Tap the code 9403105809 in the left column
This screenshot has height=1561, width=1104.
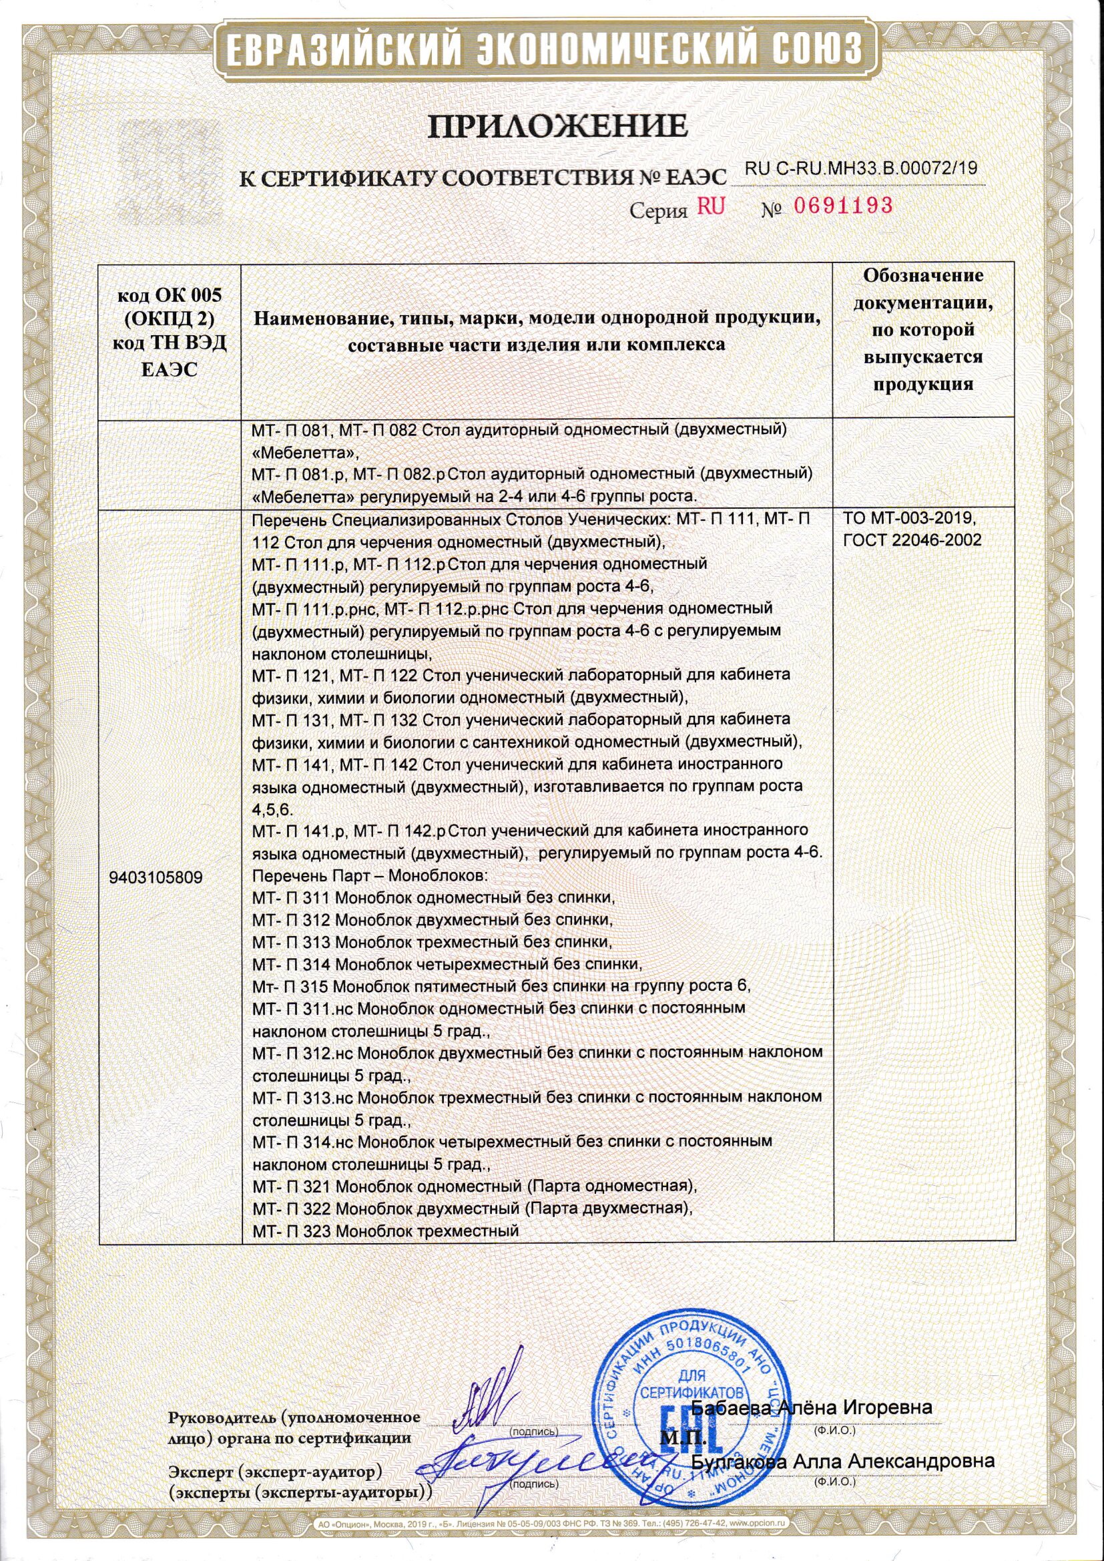[155, 878]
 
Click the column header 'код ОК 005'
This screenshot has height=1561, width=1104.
[170, 295]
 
